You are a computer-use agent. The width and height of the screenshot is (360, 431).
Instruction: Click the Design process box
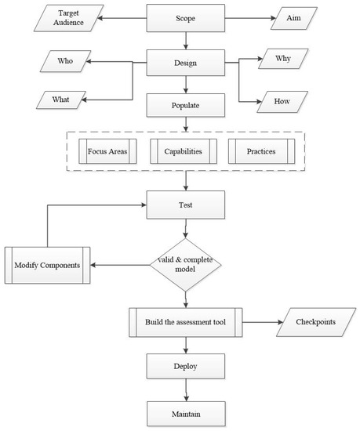(186, 63)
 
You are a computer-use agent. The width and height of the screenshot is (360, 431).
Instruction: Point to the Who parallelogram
(67, 59)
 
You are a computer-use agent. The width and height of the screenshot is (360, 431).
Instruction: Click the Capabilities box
(186, 151)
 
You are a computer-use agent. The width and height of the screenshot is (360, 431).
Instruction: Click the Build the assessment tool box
(187, 322)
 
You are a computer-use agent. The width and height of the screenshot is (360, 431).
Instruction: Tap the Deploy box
(186, 365)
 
